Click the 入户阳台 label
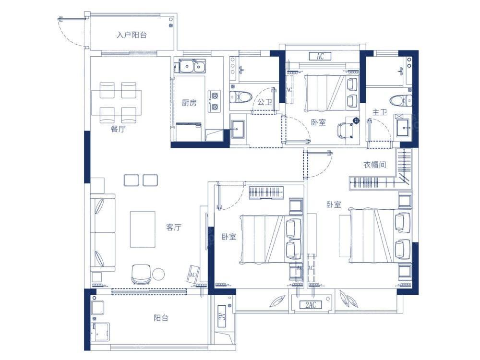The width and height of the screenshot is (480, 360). [x=132, y=35]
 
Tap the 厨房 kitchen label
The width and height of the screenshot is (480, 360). [x=189, y=103]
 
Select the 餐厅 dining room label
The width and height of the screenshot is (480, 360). [x=118, y=129]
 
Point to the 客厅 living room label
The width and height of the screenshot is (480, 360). [x=174, y=227]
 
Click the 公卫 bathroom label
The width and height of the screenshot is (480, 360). [x=264, y=102]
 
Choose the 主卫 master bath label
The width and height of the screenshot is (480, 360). [x=380, y=112]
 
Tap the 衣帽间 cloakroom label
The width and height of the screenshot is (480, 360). [x=375, y=165]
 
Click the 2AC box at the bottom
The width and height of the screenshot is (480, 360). [x=311, y=305]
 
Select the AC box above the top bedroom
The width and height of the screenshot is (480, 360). [x=320, y=56]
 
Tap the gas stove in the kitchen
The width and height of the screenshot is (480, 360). [x=215, y=101]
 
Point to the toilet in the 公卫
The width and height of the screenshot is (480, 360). [x=240, y=97]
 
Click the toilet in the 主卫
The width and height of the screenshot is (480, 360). [x=401, y=100]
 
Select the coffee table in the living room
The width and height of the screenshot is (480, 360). [x=143, y=229]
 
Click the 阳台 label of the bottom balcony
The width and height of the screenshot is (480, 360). [x=161, y=318]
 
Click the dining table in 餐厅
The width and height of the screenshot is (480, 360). [x=117, y=103]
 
